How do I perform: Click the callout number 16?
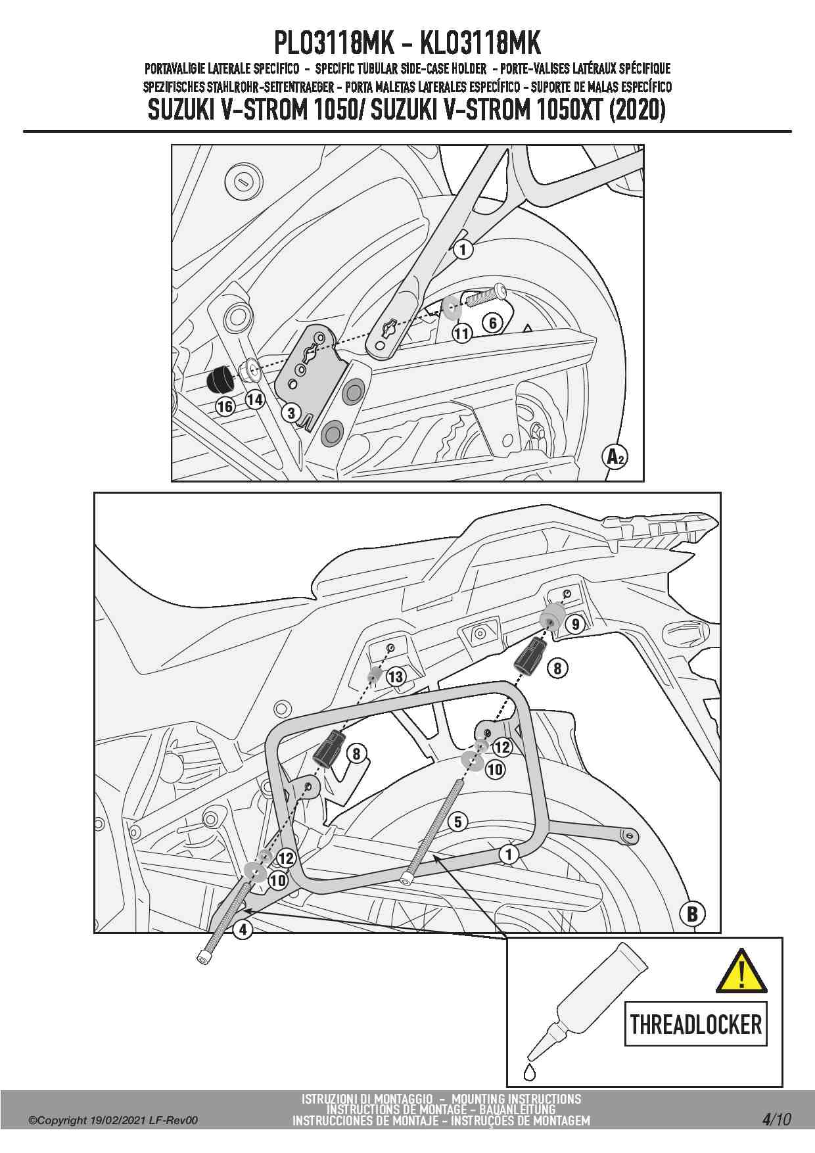point(225,406)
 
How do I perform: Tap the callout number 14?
point(255,398)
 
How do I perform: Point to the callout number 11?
point(462,334)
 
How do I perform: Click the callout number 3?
point(291,413)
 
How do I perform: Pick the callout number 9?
point(576,624)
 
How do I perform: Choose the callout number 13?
point(396,676)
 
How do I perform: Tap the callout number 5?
point(457,822)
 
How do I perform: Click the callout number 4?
point(243,929)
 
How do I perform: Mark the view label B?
point(692,914)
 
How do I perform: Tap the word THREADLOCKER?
point(696,1024)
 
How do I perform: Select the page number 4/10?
point(776,1119)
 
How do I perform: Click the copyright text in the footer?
point(112,1121)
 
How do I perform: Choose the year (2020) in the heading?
point(637,110)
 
